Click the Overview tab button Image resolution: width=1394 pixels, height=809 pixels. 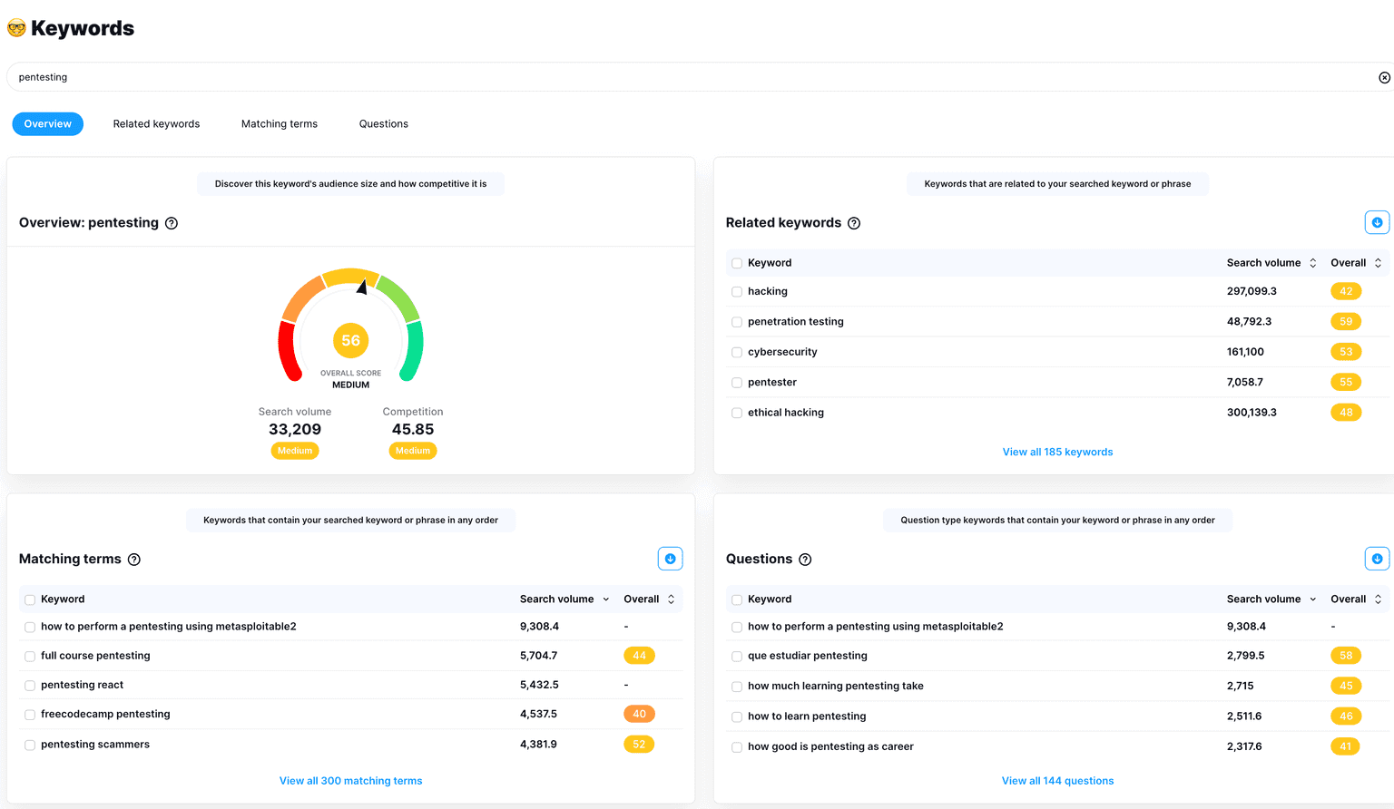[47, 124]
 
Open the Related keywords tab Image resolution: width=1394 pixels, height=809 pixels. [156, 124]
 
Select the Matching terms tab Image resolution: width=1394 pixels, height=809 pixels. [280, 124]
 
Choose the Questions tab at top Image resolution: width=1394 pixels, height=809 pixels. [383, 124]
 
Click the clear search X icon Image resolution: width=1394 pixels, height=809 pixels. [1384, 78]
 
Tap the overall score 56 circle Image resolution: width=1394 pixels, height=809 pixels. [350, 341]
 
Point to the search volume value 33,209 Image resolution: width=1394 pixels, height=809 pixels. [295, 430]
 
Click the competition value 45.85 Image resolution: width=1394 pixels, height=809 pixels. [413, 430]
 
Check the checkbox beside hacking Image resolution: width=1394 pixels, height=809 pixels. [737, 292]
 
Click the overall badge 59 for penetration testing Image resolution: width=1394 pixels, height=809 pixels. [1346, 322]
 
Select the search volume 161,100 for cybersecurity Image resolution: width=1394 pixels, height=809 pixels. [1245, 352]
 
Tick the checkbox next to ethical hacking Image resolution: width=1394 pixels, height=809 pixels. [737, 414]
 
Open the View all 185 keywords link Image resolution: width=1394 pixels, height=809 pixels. [1057, 452]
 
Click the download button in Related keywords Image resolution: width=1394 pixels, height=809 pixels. [1377, 223]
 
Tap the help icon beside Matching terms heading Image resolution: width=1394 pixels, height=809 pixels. [134, 560]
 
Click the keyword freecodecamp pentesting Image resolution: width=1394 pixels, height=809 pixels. [105, 715]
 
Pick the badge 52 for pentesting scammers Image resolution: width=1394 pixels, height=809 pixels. [639, 745]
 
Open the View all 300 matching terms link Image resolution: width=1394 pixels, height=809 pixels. [350, 781]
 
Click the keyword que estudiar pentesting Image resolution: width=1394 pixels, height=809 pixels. [807, 656]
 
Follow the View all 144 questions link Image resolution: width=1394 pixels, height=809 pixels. [1057, 781]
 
